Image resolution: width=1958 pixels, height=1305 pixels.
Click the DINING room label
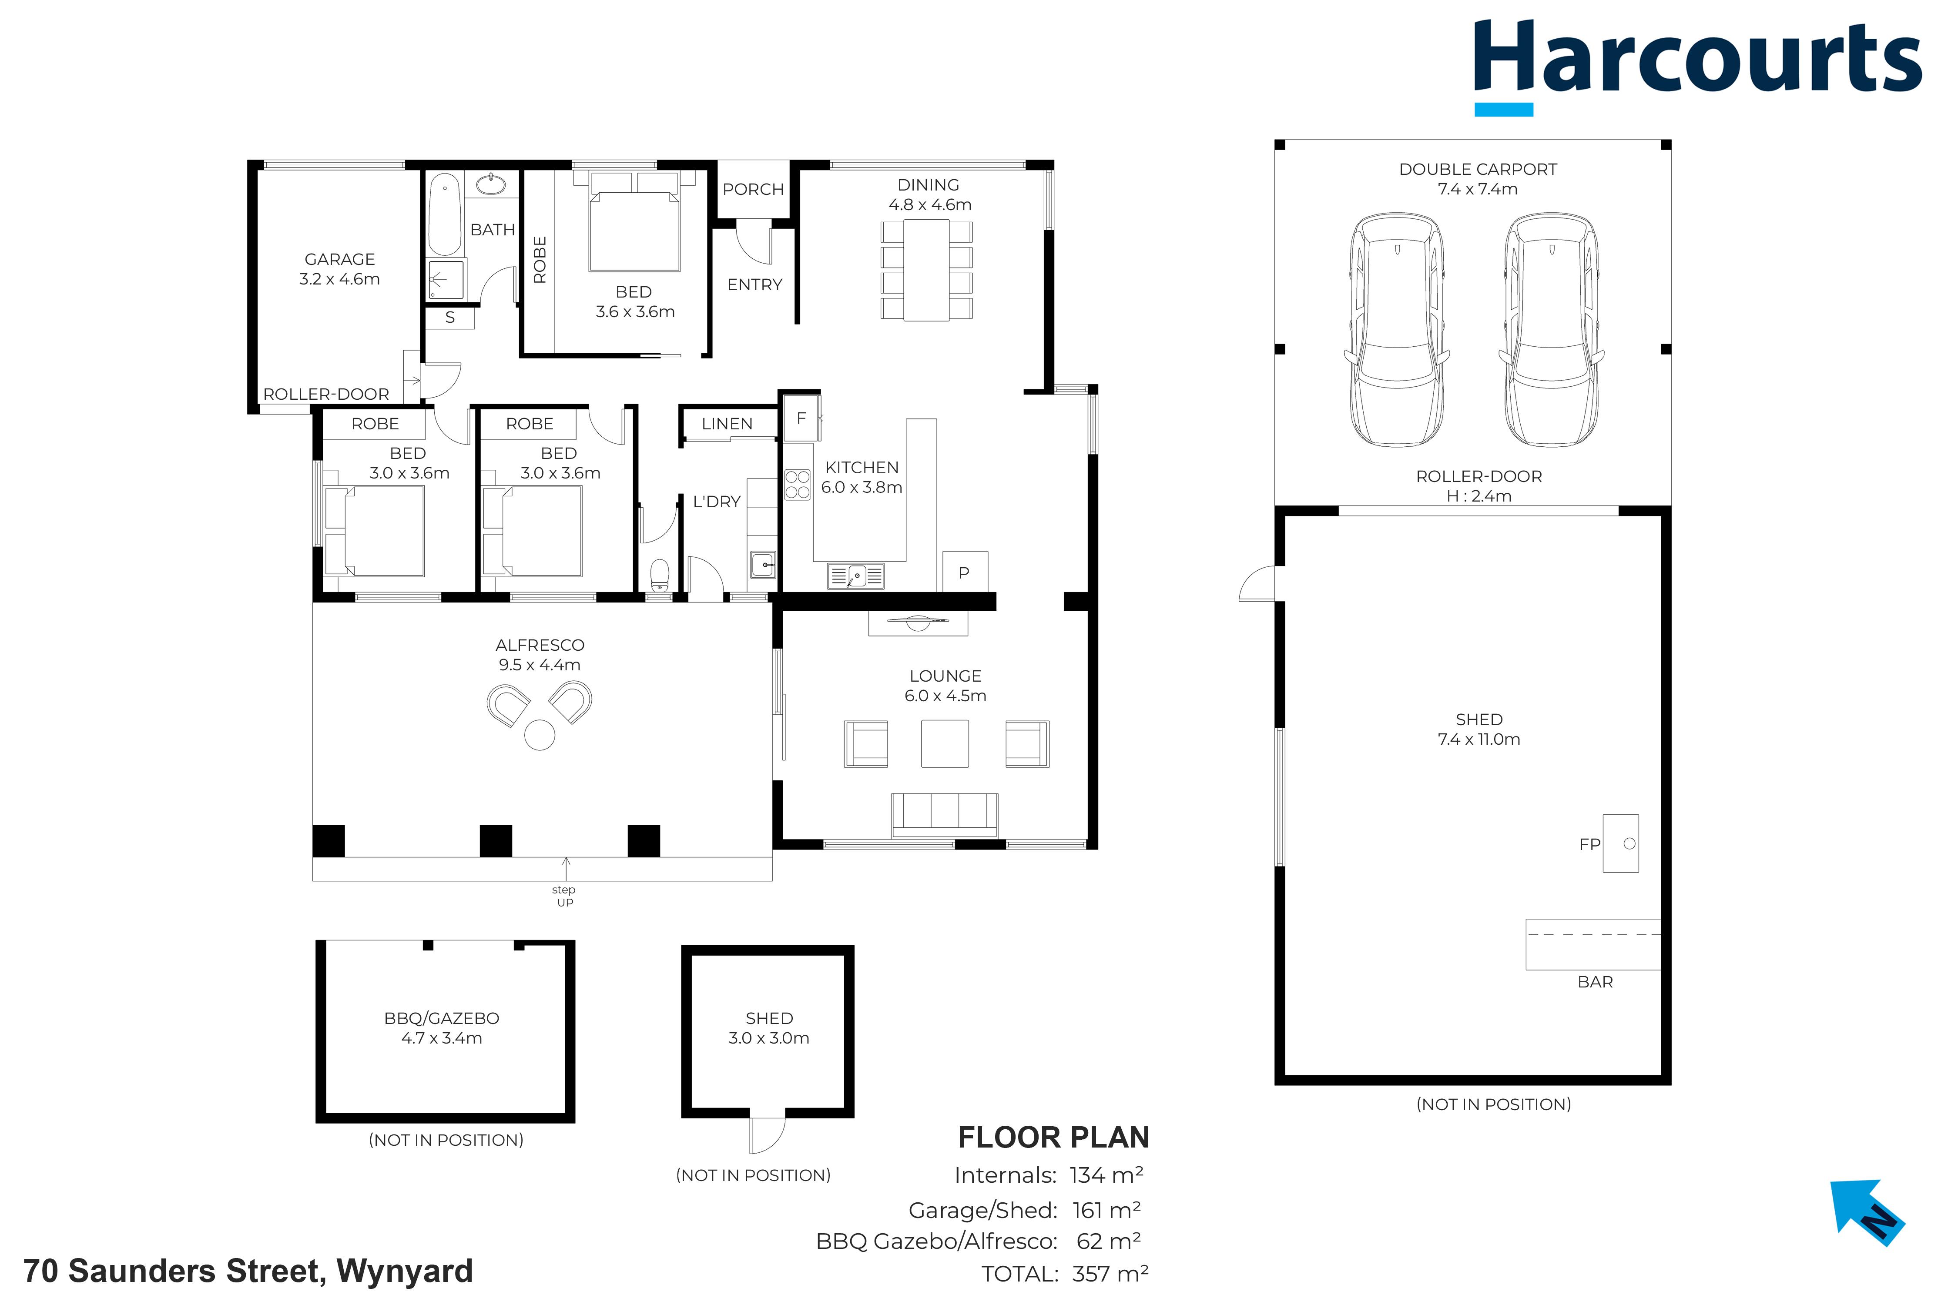click(928, 185)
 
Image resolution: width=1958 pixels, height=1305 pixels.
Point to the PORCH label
click(754, 189)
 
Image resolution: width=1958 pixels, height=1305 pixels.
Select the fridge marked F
click(801, 418)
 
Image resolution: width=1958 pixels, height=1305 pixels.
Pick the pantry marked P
click(965, 572)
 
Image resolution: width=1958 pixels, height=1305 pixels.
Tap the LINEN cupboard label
click(727, 424)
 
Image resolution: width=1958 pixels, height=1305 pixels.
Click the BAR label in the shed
click(1595, 982)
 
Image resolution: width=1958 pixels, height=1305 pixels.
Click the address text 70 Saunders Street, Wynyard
click(248, 1271)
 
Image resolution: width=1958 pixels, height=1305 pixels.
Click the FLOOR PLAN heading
click(1053, 1137)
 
